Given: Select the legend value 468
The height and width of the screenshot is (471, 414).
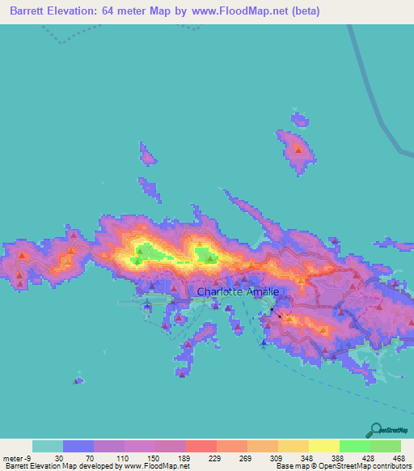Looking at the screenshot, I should [399, 458].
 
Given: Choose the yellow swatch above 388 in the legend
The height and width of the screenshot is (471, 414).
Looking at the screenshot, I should [323, 446].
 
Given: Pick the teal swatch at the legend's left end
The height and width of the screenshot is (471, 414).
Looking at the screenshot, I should [48, 446].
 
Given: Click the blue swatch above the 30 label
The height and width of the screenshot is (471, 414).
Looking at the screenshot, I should [78, 446].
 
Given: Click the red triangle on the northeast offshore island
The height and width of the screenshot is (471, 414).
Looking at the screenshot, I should [299, 150].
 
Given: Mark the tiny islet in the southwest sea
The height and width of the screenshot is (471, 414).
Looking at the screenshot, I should [78, 380].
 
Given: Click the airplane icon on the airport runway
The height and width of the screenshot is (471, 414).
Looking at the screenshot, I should [147, 305].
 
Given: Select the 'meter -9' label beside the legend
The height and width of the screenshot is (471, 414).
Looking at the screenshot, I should [16, 458].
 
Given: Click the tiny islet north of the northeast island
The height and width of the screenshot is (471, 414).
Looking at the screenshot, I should [300, 121].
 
